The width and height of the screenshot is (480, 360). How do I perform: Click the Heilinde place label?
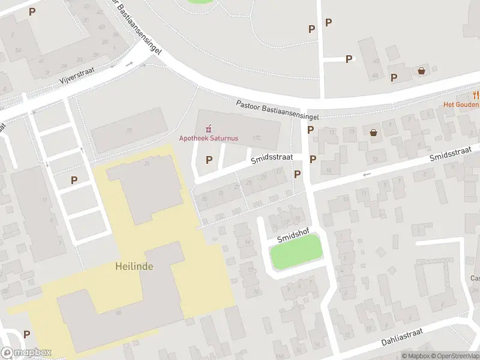pos(134,266)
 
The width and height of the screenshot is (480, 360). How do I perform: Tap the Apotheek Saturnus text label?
pos(209,138)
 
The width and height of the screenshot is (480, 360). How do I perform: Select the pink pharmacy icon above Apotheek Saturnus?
pos(209,128)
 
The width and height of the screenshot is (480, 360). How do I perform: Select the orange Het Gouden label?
pos(461,104)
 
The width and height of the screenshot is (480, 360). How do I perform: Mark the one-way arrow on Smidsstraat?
pos(367,175)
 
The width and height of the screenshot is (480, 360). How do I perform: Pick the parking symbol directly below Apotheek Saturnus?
pos(209,160)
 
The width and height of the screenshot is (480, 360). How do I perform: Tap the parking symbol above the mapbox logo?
pos(26,334)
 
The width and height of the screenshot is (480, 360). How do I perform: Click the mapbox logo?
pos(26,353)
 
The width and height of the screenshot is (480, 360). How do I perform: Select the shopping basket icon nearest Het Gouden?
pos(421,70)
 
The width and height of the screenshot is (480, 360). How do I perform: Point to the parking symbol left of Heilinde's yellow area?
pos(74,179)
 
